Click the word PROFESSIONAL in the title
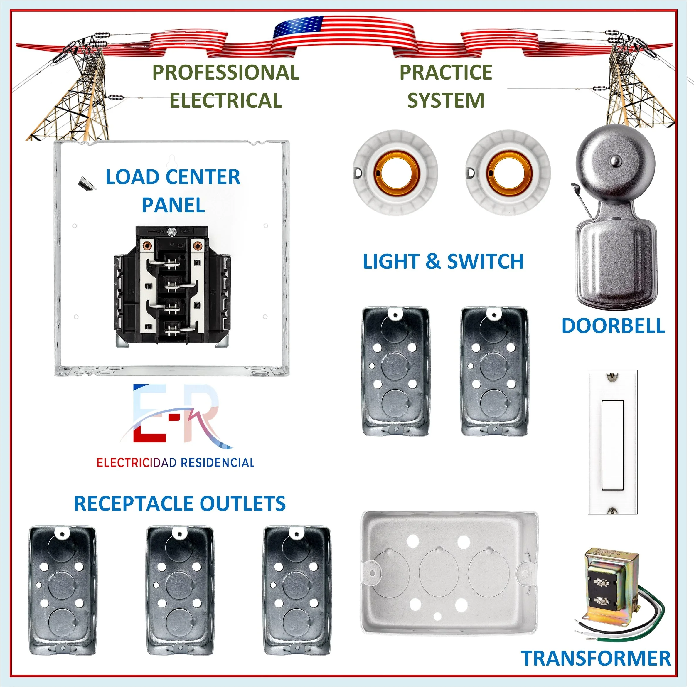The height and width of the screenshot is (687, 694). pos(225,73)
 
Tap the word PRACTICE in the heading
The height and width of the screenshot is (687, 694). pos(445,73)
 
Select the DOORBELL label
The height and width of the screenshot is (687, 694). pos(613,326)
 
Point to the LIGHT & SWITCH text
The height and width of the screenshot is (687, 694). pos(443,261)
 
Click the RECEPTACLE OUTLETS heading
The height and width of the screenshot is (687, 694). pos(180,504)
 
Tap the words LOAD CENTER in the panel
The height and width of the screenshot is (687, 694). pos(173,177)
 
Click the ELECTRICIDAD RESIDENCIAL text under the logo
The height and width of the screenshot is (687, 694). pos(175,463)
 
